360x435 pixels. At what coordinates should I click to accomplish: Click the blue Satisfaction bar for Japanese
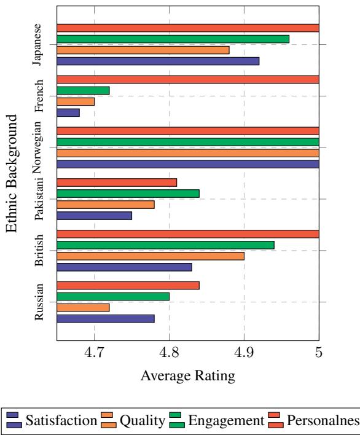coord(157,61)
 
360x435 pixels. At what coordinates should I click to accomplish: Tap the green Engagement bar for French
coord(83,90)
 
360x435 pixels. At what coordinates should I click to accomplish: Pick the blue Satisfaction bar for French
coord(68,112)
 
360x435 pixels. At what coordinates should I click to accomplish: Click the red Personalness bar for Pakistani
coord(117,182)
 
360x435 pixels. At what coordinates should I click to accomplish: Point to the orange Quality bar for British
coord(151,256)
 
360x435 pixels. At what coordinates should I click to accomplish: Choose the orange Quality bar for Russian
coord(83,307)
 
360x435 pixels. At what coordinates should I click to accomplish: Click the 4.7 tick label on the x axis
coord(94,355)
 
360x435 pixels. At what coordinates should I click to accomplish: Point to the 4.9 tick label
coord(244,355)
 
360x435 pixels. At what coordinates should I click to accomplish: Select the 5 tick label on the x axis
coord(319,355)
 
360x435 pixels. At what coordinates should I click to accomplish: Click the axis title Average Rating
coord(187,375)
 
